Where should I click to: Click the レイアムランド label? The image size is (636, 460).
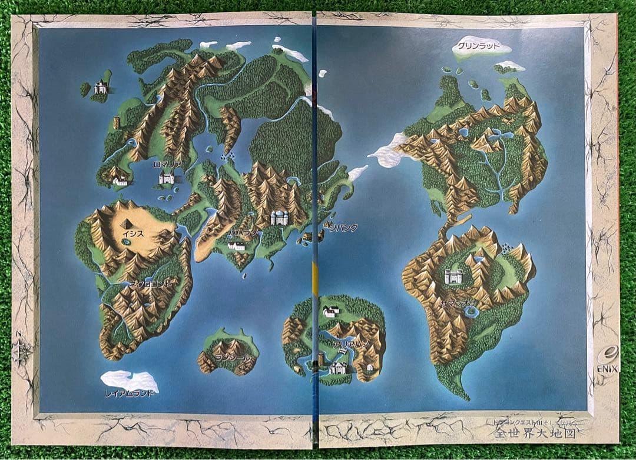[130, 393]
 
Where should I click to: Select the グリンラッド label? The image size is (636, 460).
[479, 46]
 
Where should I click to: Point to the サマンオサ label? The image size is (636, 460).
[461, 304]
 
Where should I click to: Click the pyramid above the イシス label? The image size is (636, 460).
[128, 223]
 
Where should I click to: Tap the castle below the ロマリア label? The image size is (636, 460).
[166, 177]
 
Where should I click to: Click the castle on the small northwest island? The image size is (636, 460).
[100, 88]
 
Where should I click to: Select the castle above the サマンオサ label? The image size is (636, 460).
[454, 276]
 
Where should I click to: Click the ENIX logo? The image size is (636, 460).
[607, 362]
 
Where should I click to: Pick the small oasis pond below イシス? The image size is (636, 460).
[126, 242]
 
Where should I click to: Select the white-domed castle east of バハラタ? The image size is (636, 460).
[279, 218]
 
